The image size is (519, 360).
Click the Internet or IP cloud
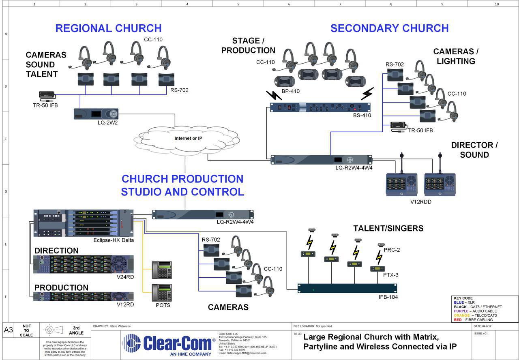[188, 139]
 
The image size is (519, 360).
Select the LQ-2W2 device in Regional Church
[96, 114]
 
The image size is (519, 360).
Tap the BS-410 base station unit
[320, 107]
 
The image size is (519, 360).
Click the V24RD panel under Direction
[84, 264]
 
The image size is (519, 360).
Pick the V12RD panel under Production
[84, 296]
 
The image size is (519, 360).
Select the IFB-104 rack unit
[347, 288]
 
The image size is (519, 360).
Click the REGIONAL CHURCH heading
[108, 28]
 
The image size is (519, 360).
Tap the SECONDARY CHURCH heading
[389, 28]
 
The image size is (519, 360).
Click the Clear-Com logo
[169, 344]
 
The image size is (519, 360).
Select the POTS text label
[163, 305]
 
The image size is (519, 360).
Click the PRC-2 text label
[392, 250]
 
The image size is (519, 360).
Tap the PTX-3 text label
[391, 275]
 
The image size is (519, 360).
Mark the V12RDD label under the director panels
[420, 201]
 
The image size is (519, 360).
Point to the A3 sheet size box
[9, 330]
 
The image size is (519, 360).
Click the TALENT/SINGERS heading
[388, 229]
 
